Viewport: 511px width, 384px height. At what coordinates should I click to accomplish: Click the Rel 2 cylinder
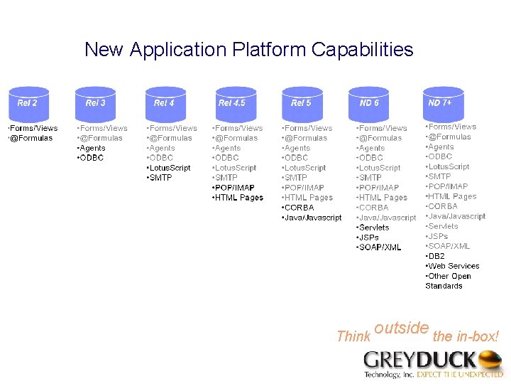point(28,103)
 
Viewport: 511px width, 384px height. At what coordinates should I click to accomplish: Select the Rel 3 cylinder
point(95,103)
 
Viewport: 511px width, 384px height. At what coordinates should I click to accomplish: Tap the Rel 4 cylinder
point(165,103)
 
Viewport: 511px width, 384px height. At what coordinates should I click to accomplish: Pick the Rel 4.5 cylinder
point(233,103)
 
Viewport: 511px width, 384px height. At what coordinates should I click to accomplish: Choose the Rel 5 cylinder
point(302,103)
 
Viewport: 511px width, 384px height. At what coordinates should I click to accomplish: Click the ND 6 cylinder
point(369,103)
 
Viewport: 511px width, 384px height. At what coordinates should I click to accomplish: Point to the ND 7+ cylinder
point(442,103)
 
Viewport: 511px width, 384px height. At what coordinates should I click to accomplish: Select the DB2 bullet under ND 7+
point(436,256)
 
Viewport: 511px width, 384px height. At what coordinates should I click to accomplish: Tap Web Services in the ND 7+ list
point(453,266)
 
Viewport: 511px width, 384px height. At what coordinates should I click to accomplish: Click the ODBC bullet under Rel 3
point(92,158)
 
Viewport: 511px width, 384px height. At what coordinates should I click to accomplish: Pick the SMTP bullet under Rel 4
point(161,178)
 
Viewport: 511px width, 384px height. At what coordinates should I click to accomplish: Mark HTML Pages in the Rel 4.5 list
point(239,198)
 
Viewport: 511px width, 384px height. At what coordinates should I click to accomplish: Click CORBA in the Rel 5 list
point(299,208)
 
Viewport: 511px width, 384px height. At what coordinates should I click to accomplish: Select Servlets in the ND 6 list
point(374,228)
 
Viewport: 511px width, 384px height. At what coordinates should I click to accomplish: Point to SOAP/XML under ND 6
point(380,247)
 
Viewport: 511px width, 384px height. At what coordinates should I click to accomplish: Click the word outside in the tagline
point(401,328)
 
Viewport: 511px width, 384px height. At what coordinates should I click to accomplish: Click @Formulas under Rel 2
point(32,138)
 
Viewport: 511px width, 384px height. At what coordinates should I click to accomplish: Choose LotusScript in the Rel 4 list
point(170,168)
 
